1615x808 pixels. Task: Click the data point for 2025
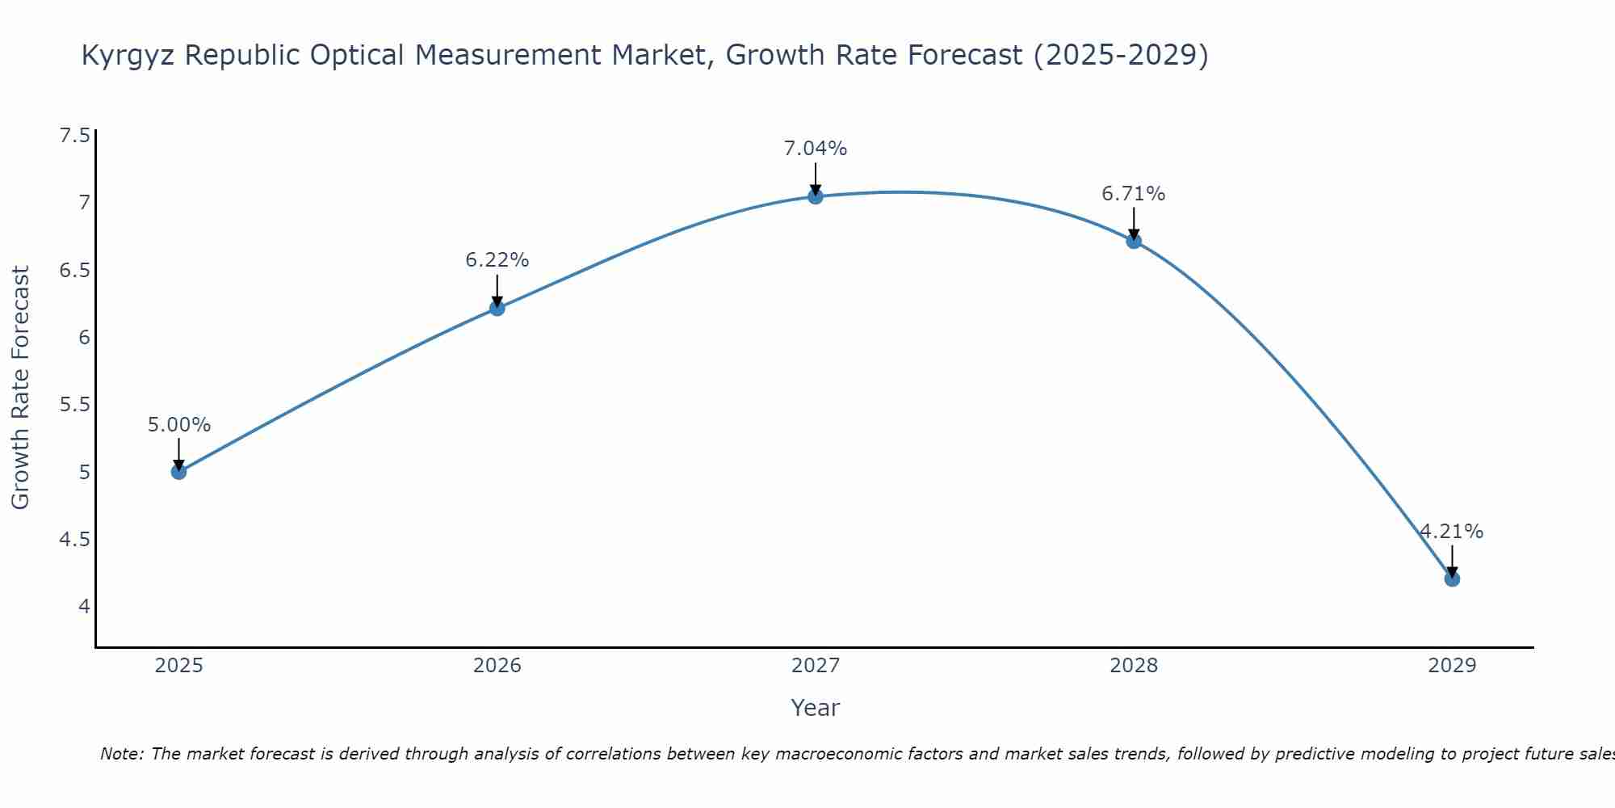coord(179,472)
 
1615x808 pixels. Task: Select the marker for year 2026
coord(497,308)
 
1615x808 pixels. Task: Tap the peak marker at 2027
coord(816,196)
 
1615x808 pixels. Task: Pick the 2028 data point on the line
coord(1134,241)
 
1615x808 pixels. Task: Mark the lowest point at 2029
coord(1452,579)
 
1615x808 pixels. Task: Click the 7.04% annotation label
coord(816,149)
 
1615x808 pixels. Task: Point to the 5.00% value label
coord(179,425)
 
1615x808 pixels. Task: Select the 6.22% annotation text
coord(497,260)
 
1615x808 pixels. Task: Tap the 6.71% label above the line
coord(1134,194)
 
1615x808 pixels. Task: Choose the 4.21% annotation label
coord(1452,532)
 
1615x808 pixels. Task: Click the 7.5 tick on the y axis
coord(75,135)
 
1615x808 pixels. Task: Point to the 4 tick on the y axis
coord(84,606)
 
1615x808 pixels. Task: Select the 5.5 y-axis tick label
coord(75,404)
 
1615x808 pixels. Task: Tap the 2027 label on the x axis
coord(816,666)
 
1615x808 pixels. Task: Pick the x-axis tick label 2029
coord(1452,666)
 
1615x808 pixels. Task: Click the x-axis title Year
coord(816,708)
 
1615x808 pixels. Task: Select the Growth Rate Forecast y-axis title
coord(21,388)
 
